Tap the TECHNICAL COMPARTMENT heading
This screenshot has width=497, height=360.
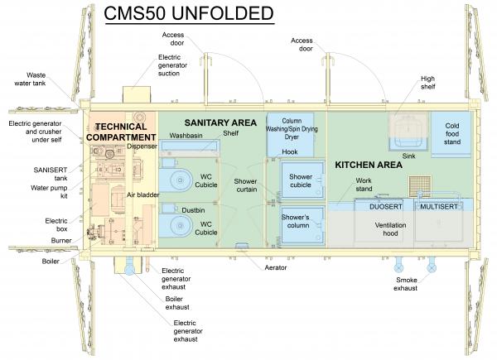[121, 132]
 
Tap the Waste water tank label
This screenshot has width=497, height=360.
[42, 79]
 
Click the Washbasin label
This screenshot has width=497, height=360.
[186, 134]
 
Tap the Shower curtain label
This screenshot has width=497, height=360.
[245, 186]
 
